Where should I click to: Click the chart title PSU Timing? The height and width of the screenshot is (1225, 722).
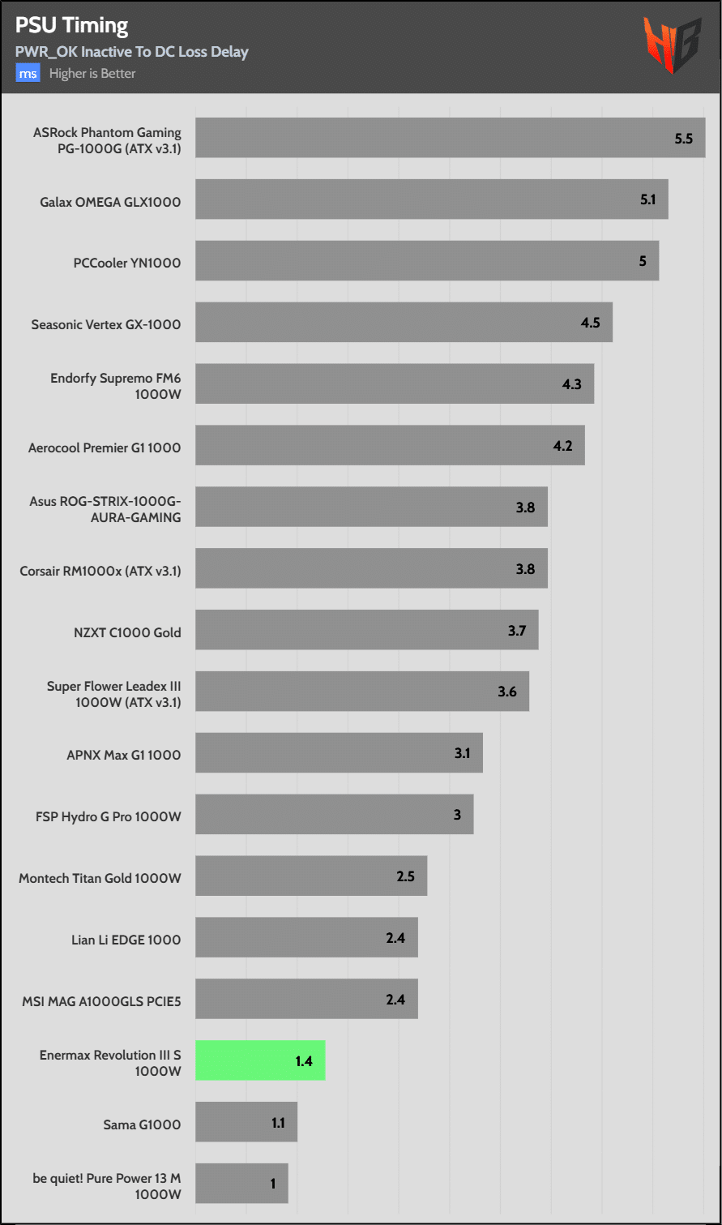click(71, 26)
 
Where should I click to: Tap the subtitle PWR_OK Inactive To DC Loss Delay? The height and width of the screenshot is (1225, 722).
click(131, 52)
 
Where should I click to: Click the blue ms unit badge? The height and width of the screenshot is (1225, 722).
click(28, 74)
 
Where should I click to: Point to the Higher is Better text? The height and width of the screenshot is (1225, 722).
click(92, 74)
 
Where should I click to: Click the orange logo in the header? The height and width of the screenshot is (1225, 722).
click(672, 45)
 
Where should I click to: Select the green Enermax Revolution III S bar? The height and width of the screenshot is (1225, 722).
click(260, 1060)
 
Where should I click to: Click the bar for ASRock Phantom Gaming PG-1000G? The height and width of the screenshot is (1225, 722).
click(450, 138)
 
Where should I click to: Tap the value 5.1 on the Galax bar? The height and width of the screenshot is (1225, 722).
click(647, 199)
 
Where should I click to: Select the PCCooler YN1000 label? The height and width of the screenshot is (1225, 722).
click(127, 263)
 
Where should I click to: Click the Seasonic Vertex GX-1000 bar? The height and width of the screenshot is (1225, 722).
click(404, 323)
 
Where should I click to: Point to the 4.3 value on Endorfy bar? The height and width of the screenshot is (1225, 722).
click(572, 384)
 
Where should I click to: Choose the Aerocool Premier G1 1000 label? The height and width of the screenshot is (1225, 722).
click(105, 448)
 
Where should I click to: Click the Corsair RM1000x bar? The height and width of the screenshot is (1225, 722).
click(371, 568)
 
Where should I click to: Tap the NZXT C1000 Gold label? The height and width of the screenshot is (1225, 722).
click(127, 632)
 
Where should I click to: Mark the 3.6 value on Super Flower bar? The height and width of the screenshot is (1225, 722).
click(507, 692)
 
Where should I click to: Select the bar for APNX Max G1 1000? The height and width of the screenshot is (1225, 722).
click(339, 753)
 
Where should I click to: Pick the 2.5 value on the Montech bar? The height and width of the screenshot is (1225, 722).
click(406, 876)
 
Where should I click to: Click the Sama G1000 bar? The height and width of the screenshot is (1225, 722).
click(246, 1122)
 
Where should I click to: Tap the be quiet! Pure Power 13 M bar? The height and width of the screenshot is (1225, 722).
click(241, 1184)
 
